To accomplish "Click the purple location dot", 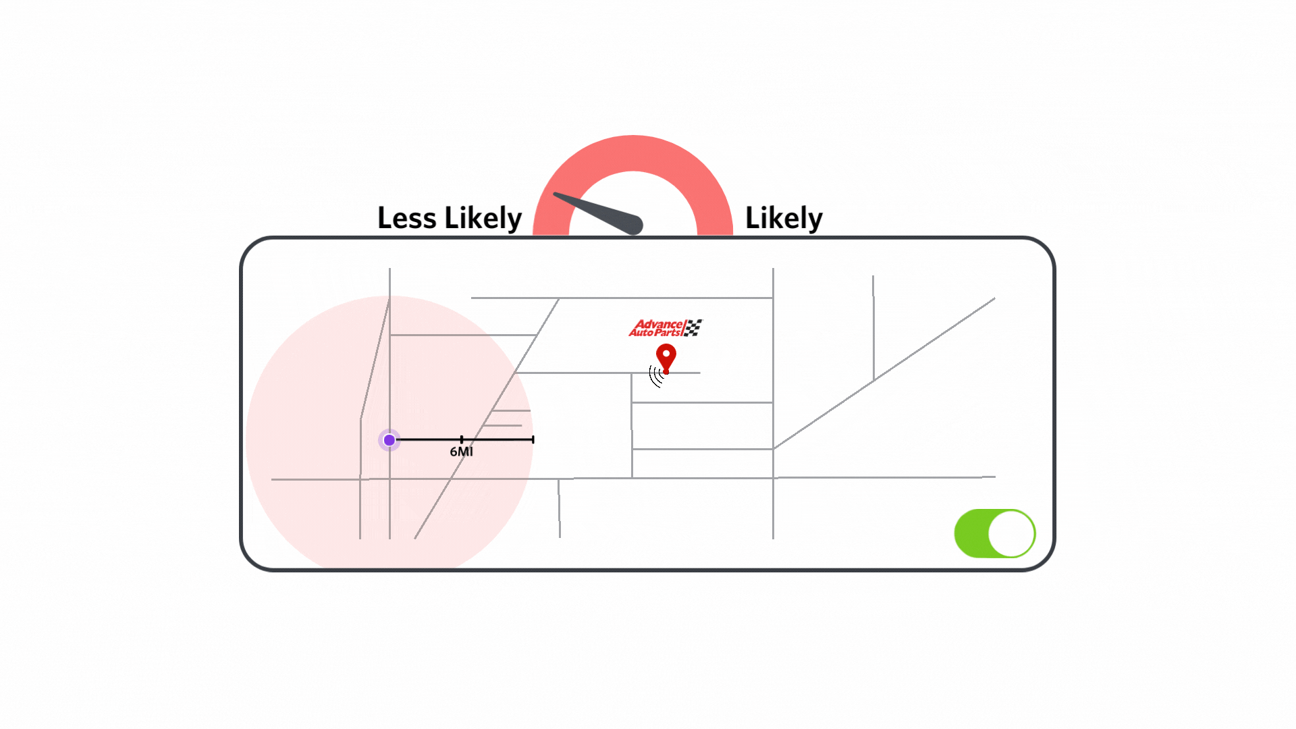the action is (389, 440).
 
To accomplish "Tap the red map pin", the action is (666, 356).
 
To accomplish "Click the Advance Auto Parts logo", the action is (665, 328).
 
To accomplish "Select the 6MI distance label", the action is (461, 452).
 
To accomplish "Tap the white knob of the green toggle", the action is (1011, 533).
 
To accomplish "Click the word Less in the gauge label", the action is (406, 218).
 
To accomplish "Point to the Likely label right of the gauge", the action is (784, 218).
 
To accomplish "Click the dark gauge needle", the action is (597, 212).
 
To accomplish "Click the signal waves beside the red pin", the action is (655, 376).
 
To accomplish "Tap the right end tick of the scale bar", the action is (533, 439).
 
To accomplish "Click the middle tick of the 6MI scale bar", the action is (462, 439).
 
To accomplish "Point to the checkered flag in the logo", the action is (693, 327).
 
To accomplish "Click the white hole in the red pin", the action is (666, 353).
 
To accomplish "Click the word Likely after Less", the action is (483, 218).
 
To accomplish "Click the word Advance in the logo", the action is (659, 324).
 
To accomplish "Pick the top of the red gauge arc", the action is (633, 153).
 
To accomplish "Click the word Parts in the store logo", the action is (668, 332).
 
